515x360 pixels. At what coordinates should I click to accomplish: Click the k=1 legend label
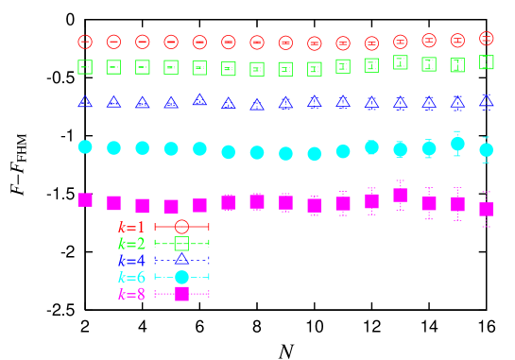click(131, 227)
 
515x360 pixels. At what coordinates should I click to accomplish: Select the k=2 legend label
click(131, 244)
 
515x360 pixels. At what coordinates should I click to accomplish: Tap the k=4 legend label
click(131, 260)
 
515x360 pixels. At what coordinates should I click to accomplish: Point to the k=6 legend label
click(131, 277)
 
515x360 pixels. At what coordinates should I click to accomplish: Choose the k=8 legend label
click(131, 294)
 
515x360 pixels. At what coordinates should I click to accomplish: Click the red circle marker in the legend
click(181, 227)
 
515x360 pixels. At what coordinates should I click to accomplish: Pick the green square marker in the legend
click(181, 244)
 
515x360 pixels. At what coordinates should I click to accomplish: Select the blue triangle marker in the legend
click(181, 259)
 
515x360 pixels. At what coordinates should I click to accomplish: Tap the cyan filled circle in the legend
click(181, 277)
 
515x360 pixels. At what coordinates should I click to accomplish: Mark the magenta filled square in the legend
click(181, 294)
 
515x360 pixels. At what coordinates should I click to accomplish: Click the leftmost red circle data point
click(85, 42)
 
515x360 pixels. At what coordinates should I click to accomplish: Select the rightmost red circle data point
click(486, 38)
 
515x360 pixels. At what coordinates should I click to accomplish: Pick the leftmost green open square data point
click(85, 67)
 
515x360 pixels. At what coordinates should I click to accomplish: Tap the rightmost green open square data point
click(486, 62)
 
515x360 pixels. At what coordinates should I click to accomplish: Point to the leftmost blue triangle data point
click(85, 101)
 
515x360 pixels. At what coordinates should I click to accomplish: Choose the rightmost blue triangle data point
click(486, 100)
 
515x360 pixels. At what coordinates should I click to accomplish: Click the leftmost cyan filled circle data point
click(85, 146)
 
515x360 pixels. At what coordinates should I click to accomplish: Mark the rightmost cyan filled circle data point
click(486, 149)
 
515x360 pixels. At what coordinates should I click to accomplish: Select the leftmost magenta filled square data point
click(85, 199)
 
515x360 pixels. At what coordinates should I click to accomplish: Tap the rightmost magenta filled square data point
click(486, 209)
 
